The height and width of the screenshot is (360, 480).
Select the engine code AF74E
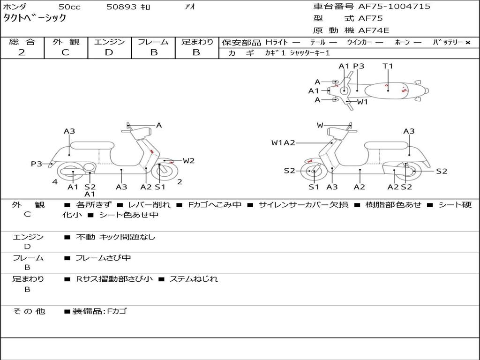(374, 31)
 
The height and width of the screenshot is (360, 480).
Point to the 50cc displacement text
(69, 7)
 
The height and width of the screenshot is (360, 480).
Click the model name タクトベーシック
(35, 19)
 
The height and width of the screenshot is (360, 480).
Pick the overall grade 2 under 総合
(22, 52)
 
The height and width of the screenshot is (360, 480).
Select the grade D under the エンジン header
(109, 52)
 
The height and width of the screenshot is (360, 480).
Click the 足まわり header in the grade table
(197, 42)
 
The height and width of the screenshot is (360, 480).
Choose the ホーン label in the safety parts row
(402, 43)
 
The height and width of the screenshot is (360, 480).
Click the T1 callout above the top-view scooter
(388, 66)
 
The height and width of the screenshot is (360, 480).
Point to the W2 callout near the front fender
(188, 161)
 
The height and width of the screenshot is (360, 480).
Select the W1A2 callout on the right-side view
(283, 143)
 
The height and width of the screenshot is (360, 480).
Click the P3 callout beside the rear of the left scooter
(37, 164)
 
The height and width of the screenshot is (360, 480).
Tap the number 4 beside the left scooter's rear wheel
(55, 182)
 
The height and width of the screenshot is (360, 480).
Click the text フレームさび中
(103, 258)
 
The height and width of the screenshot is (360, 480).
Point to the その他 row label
(29, 311)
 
